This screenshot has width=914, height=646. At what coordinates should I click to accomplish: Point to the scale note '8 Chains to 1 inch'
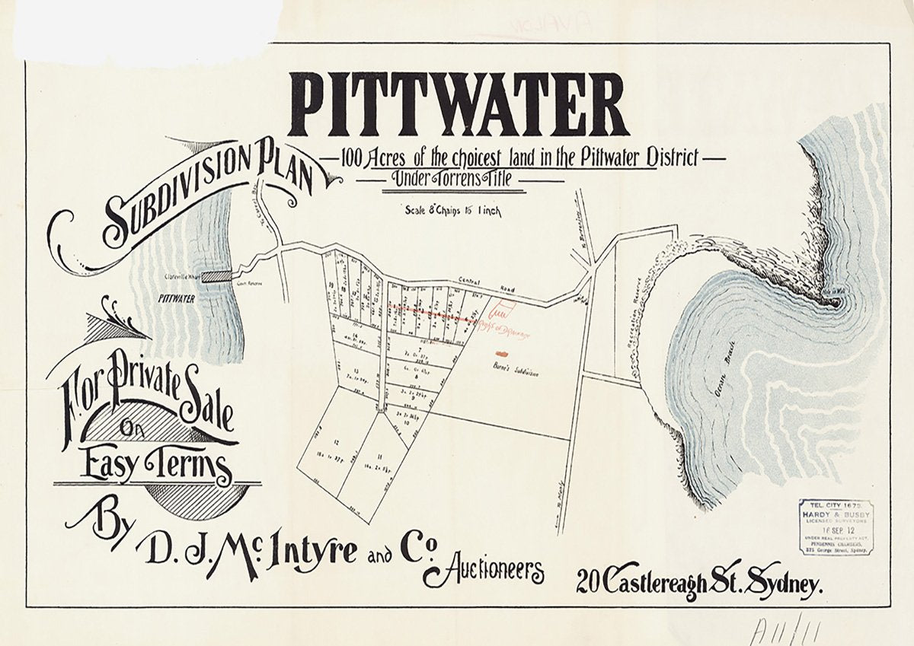coord(452,212)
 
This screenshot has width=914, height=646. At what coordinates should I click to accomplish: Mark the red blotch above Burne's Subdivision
coord(501,353)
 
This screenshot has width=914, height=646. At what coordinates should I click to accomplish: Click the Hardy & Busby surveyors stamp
coord(835,527)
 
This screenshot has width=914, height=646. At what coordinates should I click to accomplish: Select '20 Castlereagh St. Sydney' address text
coord(700,584)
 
